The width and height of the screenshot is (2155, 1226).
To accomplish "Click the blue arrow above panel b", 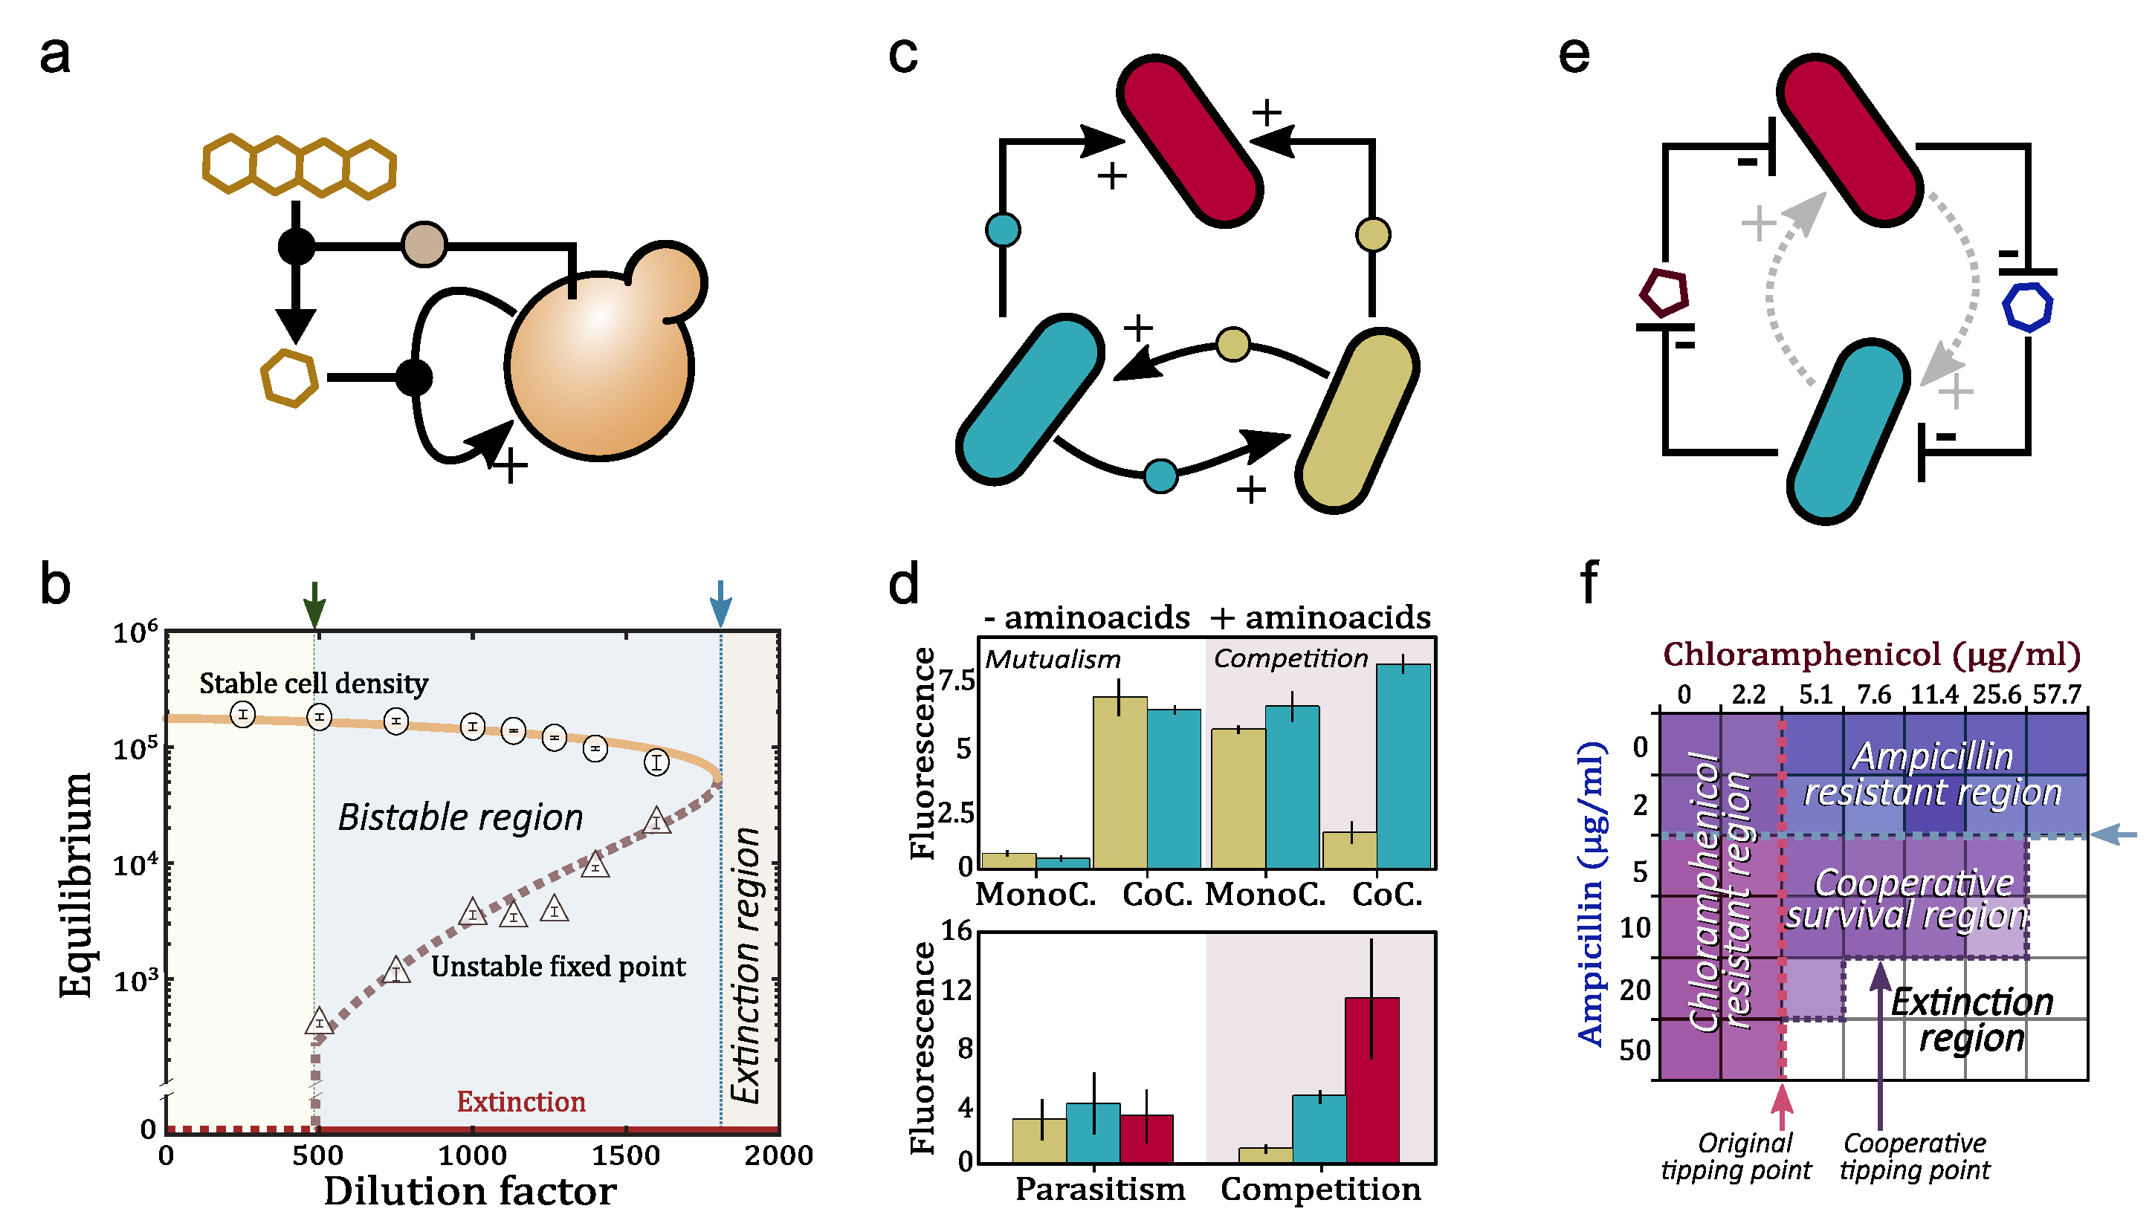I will pyautogui.click(x=720, y=602).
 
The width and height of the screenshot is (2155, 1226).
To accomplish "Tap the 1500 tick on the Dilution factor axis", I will pyautogui.click(x=625, y=1155).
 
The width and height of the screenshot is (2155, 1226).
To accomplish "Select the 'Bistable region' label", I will pyautogui.click(x=460, y=817).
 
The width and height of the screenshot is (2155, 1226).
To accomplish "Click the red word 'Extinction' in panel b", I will pyautogui.click(x=520, y=1101).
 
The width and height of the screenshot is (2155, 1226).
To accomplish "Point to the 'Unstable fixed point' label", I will pyautogui.click(x=558, y=966).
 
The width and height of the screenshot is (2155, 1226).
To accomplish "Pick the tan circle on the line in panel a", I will pyautogui.click(x=424, y=245).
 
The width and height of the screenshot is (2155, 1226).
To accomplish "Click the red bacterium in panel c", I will pyautogui.click(x=1189, y=140).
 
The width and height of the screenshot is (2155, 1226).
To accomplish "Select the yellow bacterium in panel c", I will pyautogui.click(x=1357, y=421).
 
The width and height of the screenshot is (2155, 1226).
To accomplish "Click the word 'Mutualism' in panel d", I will pyautogui.click(x=1053, y=659).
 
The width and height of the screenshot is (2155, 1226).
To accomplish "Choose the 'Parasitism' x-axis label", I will pyautogui.click(x=1100, y=1189).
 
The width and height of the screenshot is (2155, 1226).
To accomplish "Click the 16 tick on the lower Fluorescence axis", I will pyautogui.click(x=957, y=931).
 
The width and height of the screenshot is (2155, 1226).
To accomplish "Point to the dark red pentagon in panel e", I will pyautogui.click(x=1664, y=293).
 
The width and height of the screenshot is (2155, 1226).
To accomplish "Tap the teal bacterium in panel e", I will pyautogui.click(x=1849, y=431).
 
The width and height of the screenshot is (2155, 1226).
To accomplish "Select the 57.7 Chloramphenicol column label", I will pyautogui.click(x=2056, y=695).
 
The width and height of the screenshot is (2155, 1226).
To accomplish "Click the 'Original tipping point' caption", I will pyautogui.click(x=1736, y=1156).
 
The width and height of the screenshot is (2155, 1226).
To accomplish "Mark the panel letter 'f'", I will pyautogui.click(x=1589, y=583).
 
